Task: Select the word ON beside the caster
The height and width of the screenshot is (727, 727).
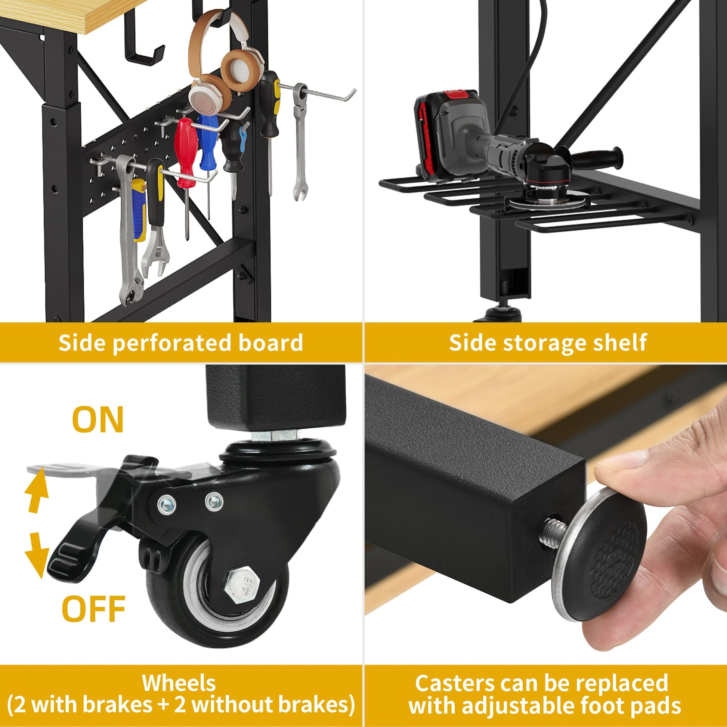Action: pos(98,420)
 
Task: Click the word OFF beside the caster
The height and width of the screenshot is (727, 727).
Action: pos(93,609)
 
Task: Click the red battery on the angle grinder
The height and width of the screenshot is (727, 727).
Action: pos(433,126)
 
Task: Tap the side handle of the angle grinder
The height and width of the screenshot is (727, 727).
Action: pos(598,155)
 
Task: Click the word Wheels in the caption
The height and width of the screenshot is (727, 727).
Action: pos(179,672)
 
